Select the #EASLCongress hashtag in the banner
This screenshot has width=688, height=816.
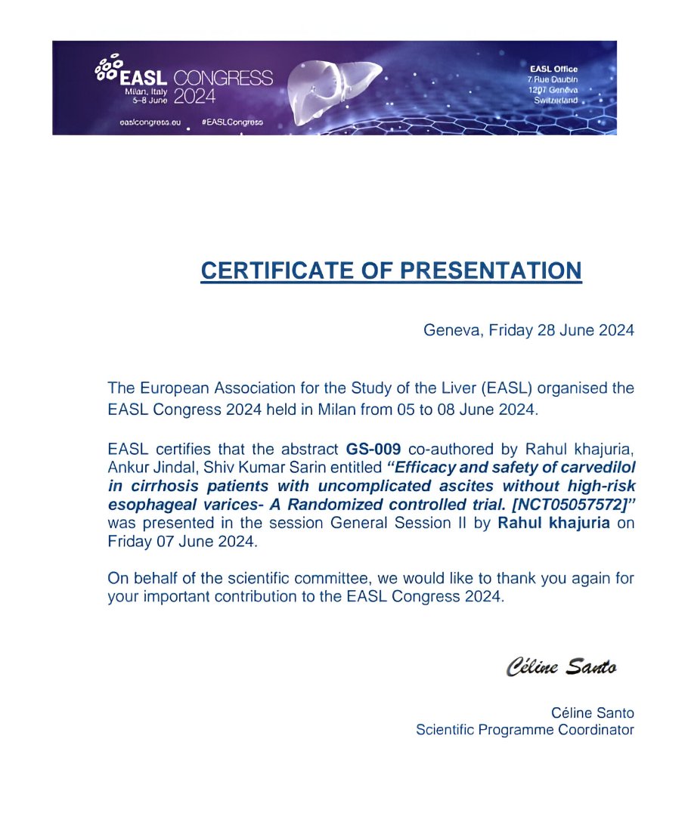(232, 122)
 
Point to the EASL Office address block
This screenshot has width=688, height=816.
(554, 85)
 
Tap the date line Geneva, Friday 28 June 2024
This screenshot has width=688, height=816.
(528, 330)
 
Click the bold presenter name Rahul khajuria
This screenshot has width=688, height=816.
(553, 524)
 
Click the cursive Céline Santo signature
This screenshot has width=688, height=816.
(561, 667)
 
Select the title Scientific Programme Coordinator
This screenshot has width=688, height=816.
(525, 730)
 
